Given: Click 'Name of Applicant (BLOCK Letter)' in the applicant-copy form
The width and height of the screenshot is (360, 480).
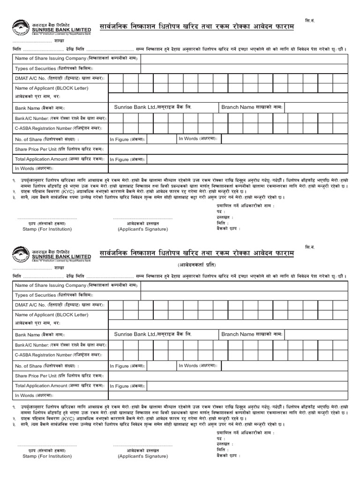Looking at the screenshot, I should (x=52, y=315).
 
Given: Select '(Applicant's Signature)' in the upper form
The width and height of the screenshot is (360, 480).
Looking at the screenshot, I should (x=142, y=229).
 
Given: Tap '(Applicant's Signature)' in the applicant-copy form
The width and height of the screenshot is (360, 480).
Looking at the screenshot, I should (x=142, y=456).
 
